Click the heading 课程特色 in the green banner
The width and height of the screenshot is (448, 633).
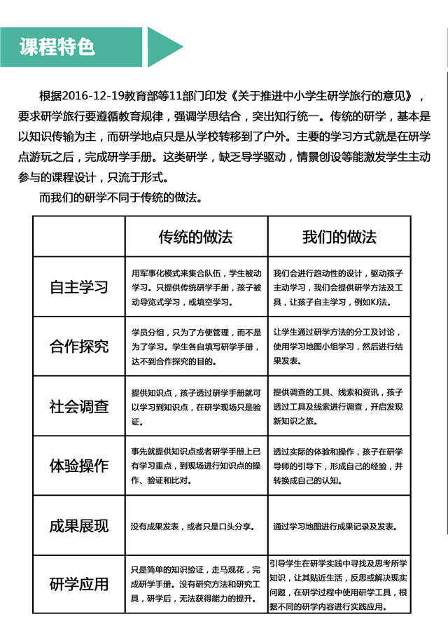tap(57, 47)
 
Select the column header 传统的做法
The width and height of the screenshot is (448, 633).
tap(195, 237)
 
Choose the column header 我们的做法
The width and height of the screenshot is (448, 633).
tap(339, 237)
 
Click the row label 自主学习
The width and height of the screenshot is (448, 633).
tap(79, 287)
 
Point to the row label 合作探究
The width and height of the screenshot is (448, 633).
tap(79, 346)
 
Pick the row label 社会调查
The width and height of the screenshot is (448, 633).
tap(79, 406)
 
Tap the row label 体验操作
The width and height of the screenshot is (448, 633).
tap(79, 466)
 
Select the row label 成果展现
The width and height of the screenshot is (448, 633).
tap(79, 526)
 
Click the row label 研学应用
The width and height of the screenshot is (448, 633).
tap(79, 584)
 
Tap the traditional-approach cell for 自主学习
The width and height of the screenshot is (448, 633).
tap(196, 287)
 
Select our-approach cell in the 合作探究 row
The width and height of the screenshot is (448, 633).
tap(339, 346)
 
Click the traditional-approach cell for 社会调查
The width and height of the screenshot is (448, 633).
tap(196, 406)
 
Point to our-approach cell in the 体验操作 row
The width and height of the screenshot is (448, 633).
tap(339, 466)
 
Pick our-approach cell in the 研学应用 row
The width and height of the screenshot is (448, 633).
tap(339, 584)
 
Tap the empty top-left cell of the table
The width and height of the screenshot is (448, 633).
tap(79, 237)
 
